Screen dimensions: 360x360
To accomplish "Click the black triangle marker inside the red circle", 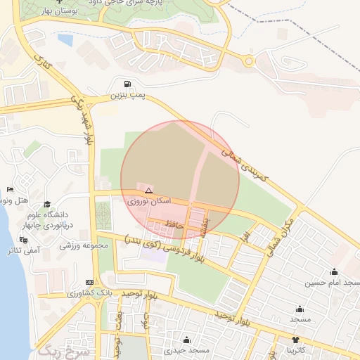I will click(148, 191).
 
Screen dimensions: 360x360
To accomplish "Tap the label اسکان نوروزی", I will click(148, 200).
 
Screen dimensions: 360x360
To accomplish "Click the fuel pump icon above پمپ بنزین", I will click(127, 83).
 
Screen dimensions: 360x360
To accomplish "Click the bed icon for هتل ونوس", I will click(10, 190).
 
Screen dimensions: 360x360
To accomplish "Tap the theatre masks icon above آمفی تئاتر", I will click(25, 240).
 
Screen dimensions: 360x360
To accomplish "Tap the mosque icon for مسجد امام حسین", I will click(334, 272).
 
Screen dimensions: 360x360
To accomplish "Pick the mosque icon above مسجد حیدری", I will click(186, 340).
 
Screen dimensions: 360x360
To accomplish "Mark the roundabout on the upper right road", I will click(248, 62).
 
